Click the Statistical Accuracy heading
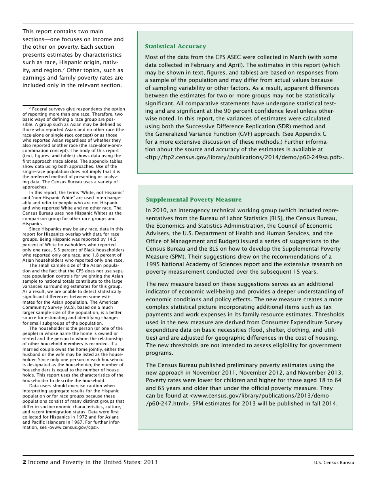pyautogui.click(x=175, y=46)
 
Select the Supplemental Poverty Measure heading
pyautogui.click(x=194, y=200)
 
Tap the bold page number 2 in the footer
pyautogui.click(x=24, y=462)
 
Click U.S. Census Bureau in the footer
pyautogui.click(x=334, y=462)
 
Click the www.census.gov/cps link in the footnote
pyautogui.click(x=74, y=428)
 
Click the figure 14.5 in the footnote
pyautogui.click(x=112, y=240)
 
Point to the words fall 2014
pyautogui.click(x=324, y=403)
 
